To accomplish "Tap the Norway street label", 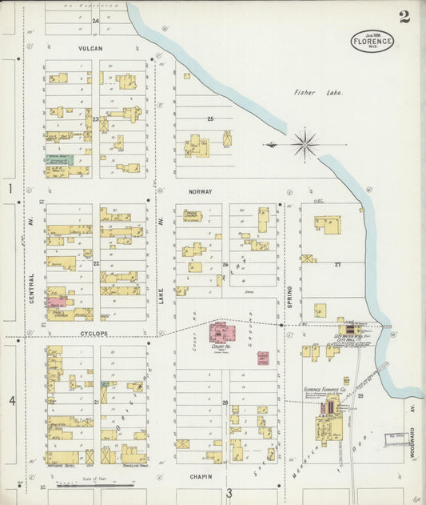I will coord(200,192).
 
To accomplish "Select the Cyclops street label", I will coord(94,333).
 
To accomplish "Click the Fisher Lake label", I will coord(305,93).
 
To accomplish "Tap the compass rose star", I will coord(305,145).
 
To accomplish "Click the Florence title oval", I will coord(372,41).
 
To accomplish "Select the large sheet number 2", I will coord(404,17).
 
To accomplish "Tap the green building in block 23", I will coord(60,159).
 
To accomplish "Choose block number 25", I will coord(211,119).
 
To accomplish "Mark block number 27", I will coord(337,263).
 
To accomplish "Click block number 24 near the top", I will coord(96,21).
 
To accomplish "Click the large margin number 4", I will coord(12,399).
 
